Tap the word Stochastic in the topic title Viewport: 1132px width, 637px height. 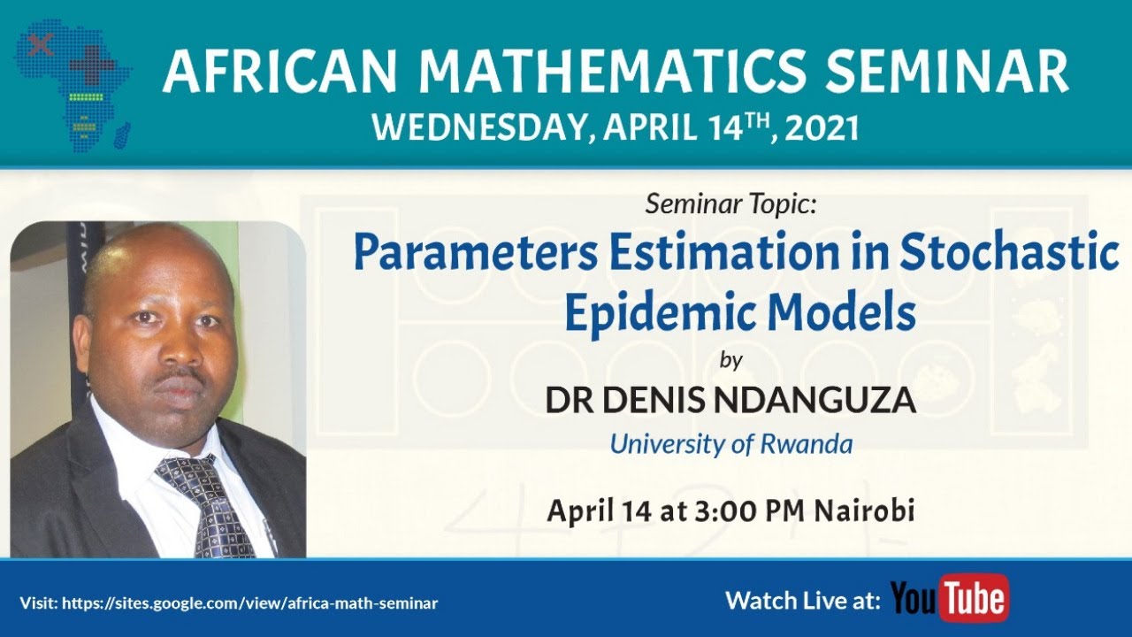pyautogui.click(x=1010, y=255)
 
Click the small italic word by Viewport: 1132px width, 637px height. pyautogui.click(x=730, y=360)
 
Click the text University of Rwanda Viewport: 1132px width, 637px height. pyautogui.click(x=730, y=443)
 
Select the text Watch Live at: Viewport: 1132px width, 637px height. pyautogui.click(x=802, y=601)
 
